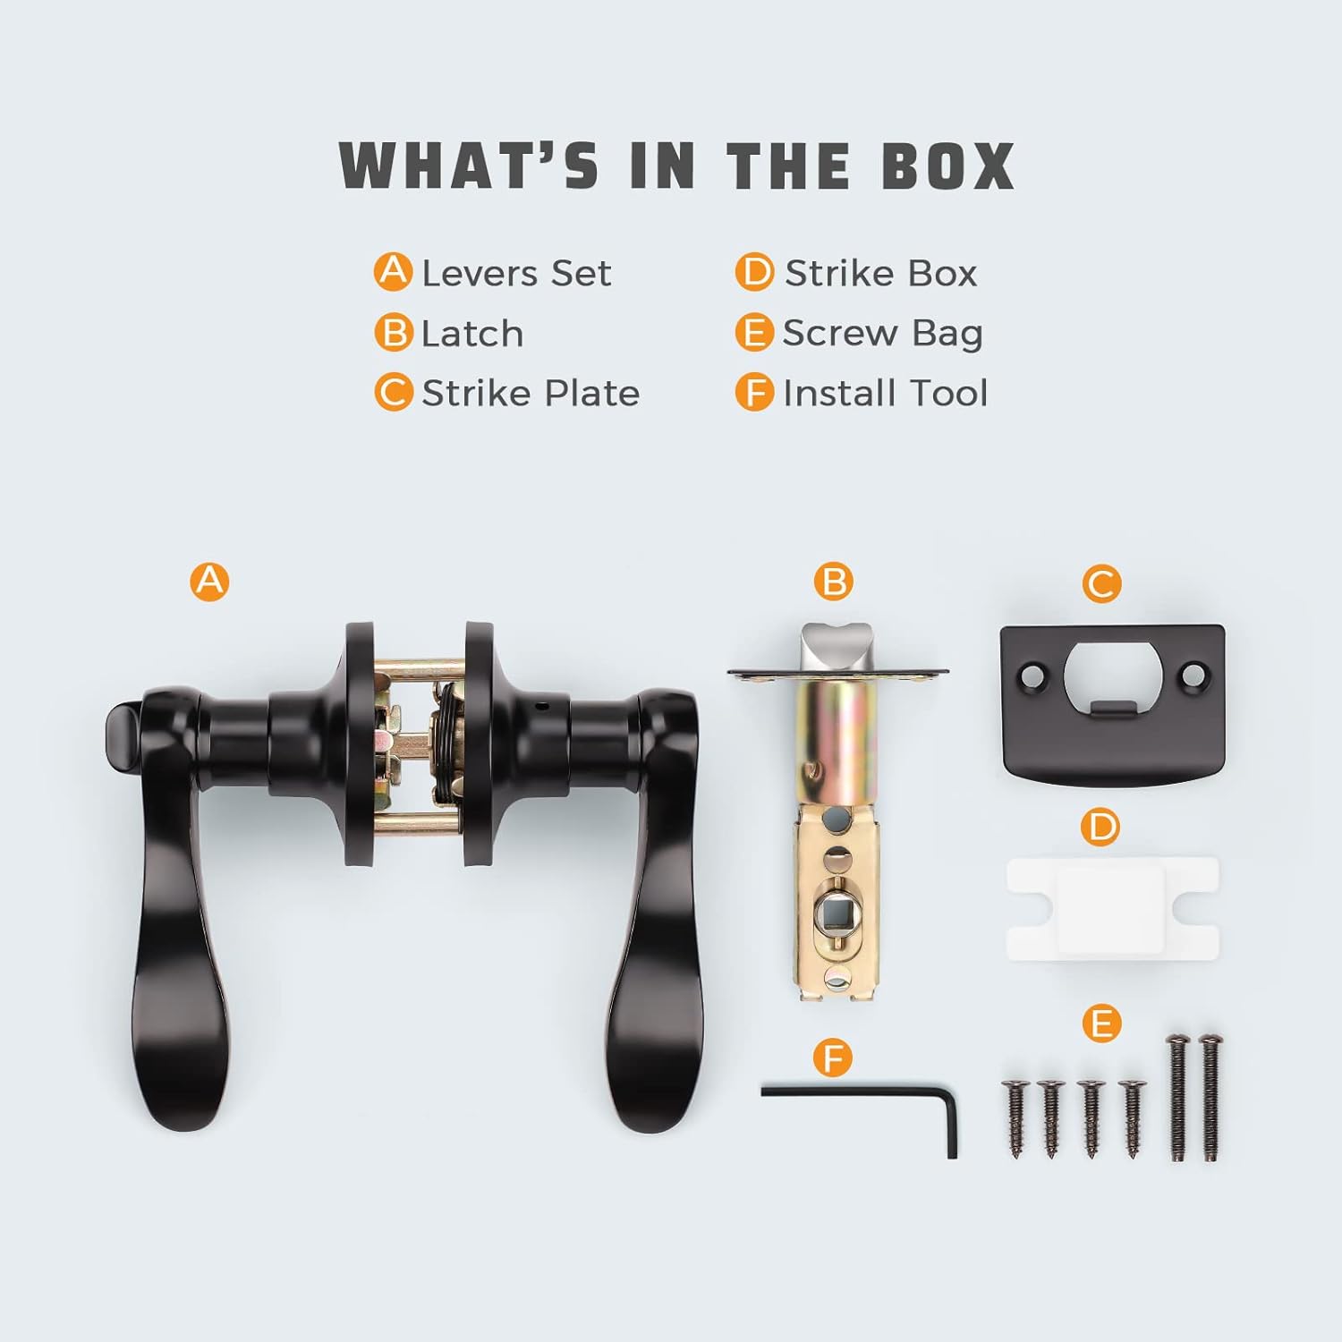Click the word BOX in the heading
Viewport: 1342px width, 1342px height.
(948, 166)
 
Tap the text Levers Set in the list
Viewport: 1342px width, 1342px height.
(516, 273)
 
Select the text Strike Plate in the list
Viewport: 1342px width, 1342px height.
(531, 393)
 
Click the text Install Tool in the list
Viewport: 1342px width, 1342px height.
(885, 393)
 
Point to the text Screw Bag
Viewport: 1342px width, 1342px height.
(882, 334)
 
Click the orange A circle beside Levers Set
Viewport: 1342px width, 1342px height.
(393, 272)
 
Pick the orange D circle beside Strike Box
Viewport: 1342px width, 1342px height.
(754, 272)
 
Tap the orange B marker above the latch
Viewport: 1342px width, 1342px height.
(834, 582)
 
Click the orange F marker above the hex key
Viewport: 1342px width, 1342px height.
(833, 1058)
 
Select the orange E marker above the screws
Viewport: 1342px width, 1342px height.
(1101, 1023)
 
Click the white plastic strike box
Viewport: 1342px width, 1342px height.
(1113, 909)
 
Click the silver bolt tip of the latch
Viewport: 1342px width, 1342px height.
(837, 645)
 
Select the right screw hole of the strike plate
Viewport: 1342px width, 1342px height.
(1193, 671)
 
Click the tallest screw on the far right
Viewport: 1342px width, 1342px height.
(1210, 1098)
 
